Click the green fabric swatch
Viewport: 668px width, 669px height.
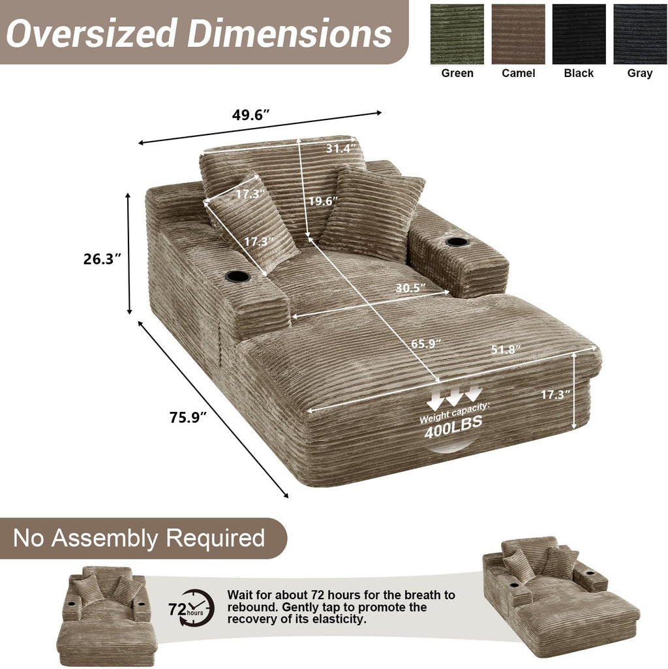click(457, 34)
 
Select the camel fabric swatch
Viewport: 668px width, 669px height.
click(518, 34)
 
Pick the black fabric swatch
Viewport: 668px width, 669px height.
click(579, 34)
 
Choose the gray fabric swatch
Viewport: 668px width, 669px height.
click(640, 34)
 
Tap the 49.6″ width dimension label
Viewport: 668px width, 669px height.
click(251, 115)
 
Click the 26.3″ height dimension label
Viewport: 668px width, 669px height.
click(102, 259)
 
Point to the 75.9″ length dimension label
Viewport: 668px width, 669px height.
click(188, 417)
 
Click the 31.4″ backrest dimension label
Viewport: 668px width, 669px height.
click(341, 148)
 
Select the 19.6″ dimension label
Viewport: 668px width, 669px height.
click(324, 200)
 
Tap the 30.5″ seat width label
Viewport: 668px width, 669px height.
click(410, 288)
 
